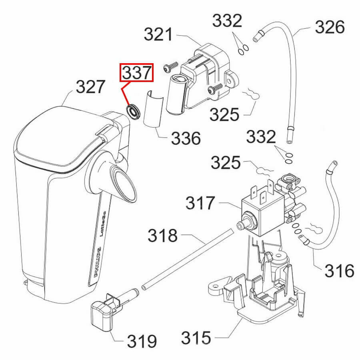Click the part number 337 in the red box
coord(137,73)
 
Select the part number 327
coord(91,87)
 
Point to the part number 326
coord(330,27)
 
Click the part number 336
coord(186,138)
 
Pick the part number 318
coord(163,236)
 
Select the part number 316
coord(340,271)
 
